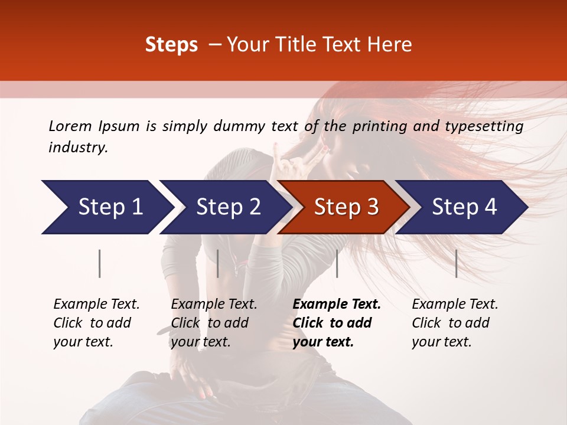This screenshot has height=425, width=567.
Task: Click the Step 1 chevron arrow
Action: tap(106, 207)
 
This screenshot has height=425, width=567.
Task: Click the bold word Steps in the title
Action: tap(171, 44)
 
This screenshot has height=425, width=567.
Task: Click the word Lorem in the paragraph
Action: tap(70, 126)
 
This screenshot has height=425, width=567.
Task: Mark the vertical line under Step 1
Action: tap(100, 263)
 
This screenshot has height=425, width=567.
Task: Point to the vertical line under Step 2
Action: tap(218, 263)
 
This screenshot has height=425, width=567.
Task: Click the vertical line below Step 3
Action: tap(337, 263)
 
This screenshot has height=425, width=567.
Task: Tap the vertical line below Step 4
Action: tap(456, 263)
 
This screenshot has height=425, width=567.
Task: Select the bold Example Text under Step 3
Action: tap(337, 304)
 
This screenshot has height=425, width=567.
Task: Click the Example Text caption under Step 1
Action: tap(96, 304)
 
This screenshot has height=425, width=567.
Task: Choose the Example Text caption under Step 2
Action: tap(214, 304)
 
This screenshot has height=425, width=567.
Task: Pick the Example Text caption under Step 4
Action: tap(455, 304)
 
